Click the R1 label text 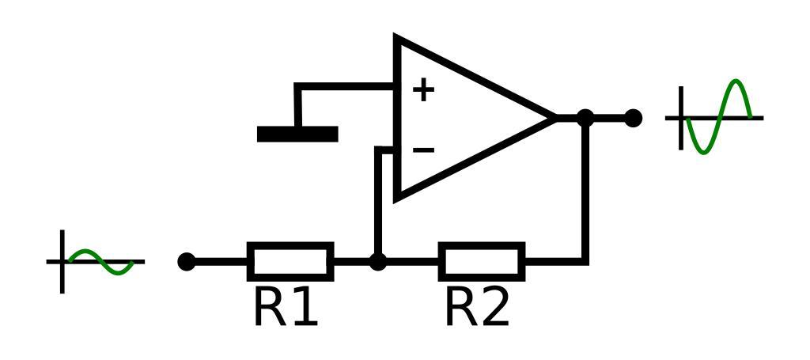(286, 308)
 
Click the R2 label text (477, 308)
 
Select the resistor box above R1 (290, 261)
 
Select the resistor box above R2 (482, 261)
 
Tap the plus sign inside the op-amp (423, 89)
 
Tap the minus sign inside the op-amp (423, 150)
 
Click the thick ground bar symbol (297, 134)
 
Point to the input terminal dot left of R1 (187, 261)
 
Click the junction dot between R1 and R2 (378, 261)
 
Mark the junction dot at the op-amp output (585, 118)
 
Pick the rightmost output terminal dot (633, 118)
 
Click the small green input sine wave (101, 262)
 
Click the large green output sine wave (718, 117)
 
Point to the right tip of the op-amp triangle (555, 118)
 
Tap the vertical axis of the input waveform (62, 261)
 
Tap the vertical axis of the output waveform (681, 118)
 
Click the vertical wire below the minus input (379, 202)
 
